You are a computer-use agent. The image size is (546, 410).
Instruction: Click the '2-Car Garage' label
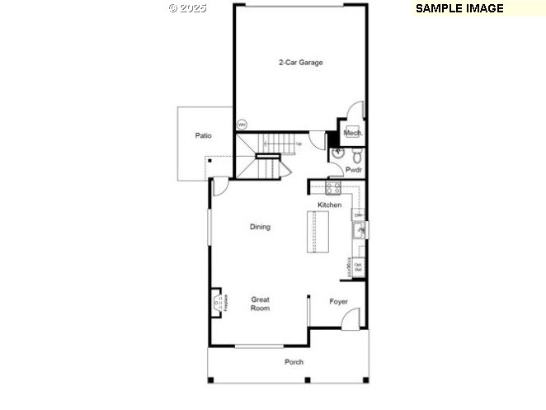(x=299, y=62)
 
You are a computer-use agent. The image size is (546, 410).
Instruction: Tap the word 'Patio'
(x=203, y=135)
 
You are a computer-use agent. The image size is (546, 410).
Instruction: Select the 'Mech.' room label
(x=352, y=133)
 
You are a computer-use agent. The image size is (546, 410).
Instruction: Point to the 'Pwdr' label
(x=354, y=170)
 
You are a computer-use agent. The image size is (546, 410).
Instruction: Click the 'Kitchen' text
(x=329, y=205)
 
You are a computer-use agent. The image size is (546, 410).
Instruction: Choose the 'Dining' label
(x=260, y=227)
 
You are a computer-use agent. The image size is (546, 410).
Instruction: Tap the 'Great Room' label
(x=260, y=304)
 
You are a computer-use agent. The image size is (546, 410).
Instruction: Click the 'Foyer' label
(x=338, y=301)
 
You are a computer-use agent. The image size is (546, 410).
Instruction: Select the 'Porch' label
(x=294, y=362)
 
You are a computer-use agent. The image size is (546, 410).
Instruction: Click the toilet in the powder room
(x=355, y=155)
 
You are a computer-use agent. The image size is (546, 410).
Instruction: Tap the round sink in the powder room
(x=337, y=153)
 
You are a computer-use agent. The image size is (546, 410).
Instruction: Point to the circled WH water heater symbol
(x=242, y=125)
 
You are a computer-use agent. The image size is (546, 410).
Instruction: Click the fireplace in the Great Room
(x=218, y=303)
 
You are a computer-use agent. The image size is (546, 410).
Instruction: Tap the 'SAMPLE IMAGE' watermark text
(x=459, y=8)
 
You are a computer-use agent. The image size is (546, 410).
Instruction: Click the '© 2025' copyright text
(x=187, y=7)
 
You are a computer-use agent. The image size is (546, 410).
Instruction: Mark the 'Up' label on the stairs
(x=299, y=144)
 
